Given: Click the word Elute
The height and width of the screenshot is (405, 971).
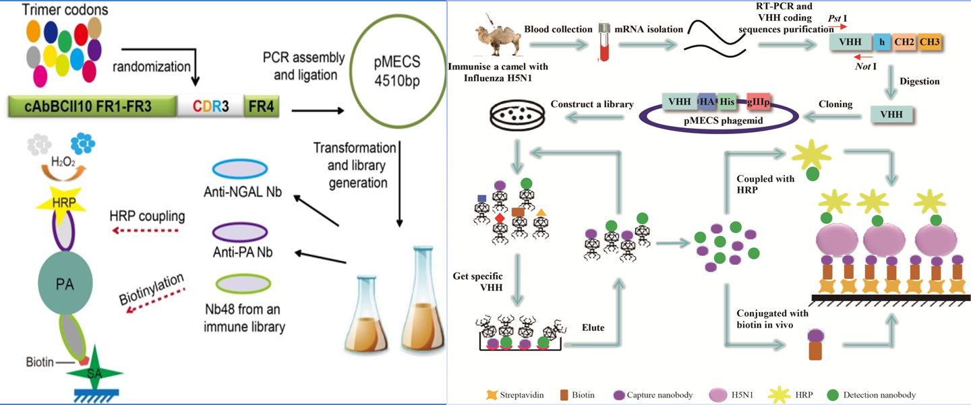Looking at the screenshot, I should (593, 329).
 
